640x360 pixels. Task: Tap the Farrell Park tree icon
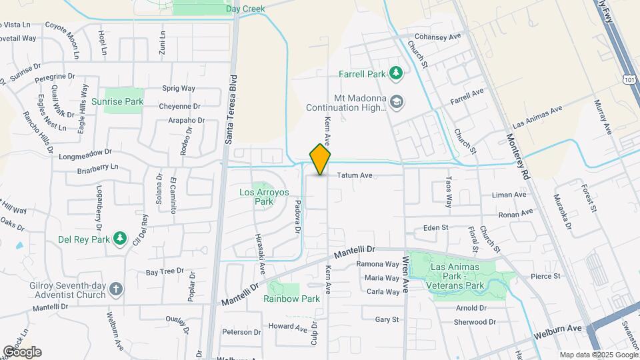(396, 72)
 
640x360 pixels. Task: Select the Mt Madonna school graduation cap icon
(397, 102)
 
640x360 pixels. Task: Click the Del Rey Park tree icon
(120, 238)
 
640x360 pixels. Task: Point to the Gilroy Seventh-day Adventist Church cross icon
(116, 289)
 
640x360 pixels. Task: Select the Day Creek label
(245, 9)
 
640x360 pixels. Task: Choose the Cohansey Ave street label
(438, 37)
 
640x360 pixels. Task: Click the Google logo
(22, 352)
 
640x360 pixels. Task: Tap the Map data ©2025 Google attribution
(597, 355)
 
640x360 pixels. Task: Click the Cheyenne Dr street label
(179, 106)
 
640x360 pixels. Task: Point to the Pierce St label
(546, 276)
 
